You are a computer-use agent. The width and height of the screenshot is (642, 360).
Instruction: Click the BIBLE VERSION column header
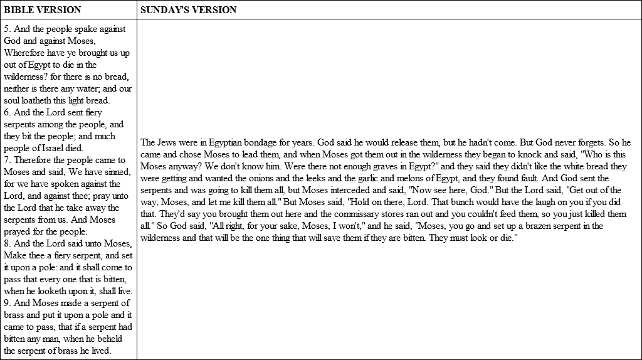[x=43, y=10]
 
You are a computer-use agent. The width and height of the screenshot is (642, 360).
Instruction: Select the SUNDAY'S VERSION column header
[x=188, y=10]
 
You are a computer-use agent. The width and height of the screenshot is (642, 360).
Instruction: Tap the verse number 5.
[x=6, y=29]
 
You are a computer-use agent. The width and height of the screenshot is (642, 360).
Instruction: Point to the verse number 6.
[x=6, y=112]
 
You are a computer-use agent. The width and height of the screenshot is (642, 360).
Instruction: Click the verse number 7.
[x=6, y=160]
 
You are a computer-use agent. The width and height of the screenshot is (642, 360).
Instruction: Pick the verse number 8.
[x=6, y=243]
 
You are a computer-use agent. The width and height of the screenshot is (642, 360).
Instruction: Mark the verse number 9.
[x=6, y=303]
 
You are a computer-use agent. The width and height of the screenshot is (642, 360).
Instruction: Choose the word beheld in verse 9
[x=114, y=339]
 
